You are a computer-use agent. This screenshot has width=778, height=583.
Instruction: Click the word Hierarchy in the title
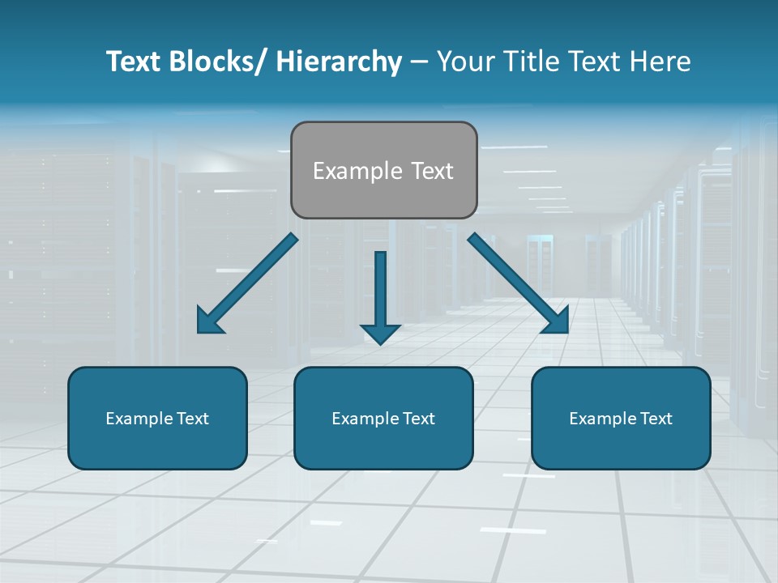pyautogui.click(x=339, y=62)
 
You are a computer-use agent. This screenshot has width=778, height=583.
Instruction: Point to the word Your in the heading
pyautogui.click(x=464, y=62)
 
